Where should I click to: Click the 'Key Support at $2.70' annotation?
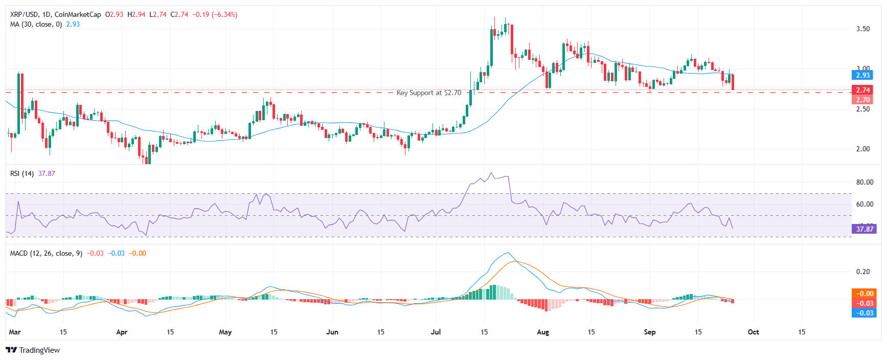click(428, 93)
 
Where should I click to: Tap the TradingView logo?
click(33, 350)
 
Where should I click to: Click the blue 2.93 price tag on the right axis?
click(863, 75)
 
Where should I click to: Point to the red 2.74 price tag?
click(863, 90)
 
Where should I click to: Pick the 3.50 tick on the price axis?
click(863, 29)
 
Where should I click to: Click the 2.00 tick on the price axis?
click(863, 149)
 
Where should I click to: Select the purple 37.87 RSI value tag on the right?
click(865, 229)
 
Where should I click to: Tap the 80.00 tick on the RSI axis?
click(865, 182)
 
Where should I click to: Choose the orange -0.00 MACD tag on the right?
click(865, 294)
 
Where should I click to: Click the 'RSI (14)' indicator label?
click(22, 173)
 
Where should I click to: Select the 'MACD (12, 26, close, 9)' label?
click(46, 253)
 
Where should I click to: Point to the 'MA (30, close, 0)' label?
click(36, 24)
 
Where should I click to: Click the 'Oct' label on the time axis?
click(753, 332)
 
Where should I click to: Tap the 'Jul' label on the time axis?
click(436, 332)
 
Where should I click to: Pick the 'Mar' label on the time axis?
click(15, 332)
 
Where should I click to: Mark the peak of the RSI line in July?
click(491, 173)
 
